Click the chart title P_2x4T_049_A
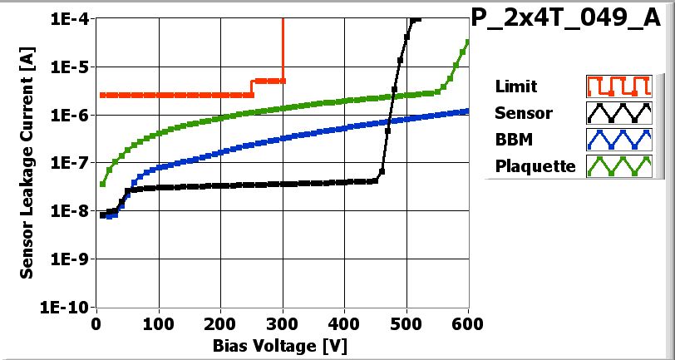[571, 20]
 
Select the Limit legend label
[515, 86]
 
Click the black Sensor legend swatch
[617, 113]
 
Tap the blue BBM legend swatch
[617, 140]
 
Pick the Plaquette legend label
[535, 166]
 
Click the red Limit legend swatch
[617, 86]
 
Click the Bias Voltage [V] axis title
[283, 344]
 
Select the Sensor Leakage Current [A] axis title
[27, 163]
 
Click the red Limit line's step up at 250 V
[252, 88]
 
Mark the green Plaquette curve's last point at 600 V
[468, 42]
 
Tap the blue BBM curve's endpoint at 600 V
[468, 111]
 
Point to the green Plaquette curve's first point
[102, 184]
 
